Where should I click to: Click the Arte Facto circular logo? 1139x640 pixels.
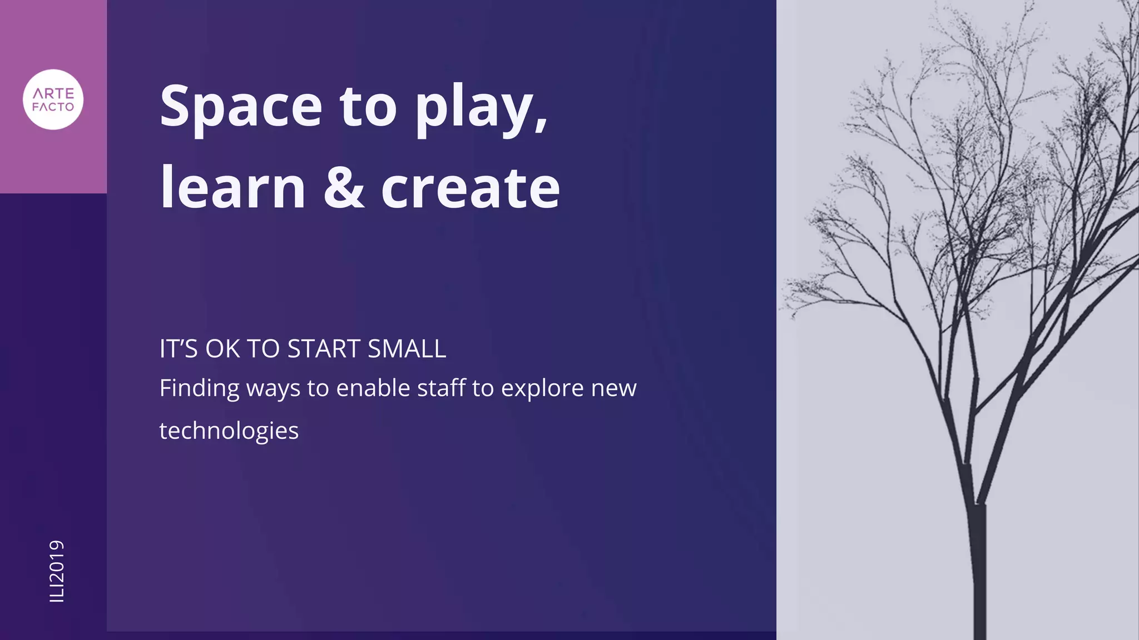coord(53,100)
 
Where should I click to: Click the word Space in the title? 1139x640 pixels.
coord(241,106)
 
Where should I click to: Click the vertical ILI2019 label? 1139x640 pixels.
coord(57,571)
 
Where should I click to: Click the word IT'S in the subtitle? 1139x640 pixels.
coord(179,349)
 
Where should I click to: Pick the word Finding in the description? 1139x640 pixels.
coord(199,388)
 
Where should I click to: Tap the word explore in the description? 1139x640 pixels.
coord(542,388)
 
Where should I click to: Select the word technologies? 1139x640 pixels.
coord(229,431)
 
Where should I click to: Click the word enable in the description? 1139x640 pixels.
coord(373,387)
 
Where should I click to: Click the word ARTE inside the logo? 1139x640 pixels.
coord(53,93)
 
